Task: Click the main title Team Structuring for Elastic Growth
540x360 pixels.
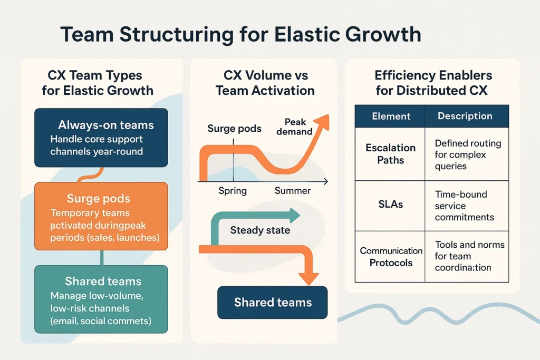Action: point(240,34)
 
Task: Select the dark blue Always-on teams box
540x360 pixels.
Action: point(101,138)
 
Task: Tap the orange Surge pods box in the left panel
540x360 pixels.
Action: point(101,216)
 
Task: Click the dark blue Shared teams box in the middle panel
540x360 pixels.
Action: point(272,303)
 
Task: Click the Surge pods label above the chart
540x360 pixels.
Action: point(234,129)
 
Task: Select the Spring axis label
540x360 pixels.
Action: point(233,191)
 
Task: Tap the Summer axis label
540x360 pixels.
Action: point(293,191)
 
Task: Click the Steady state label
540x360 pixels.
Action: point(260,230)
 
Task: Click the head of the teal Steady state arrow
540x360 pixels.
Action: point(294,215)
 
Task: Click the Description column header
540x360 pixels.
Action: point(465,116)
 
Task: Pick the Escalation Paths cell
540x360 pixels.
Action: point(390,153)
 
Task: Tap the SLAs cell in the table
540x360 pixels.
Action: point(390,205)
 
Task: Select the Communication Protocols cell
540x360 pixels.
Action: point(391,257)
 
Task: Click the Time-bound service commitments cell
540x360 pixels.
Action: point(465,206)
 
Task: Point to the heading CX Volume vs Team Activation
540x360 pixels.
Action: point(265,83)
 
